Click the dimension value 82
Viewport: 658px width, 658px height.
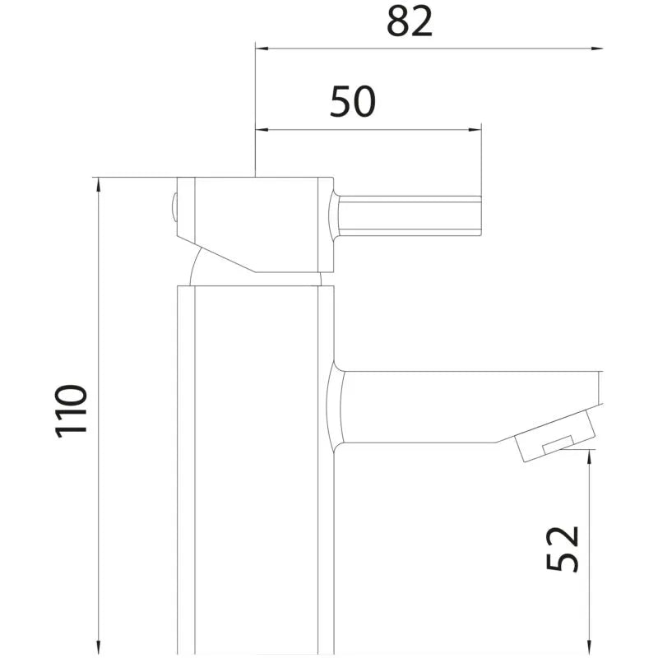pos(409,22)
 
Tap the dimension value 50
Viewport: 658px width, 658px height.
pos(353,101)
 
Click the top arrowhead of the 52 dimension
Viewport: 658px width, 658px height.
pos(589,458)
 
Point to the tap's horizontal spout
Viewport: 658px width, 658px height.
pos(436,407)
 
